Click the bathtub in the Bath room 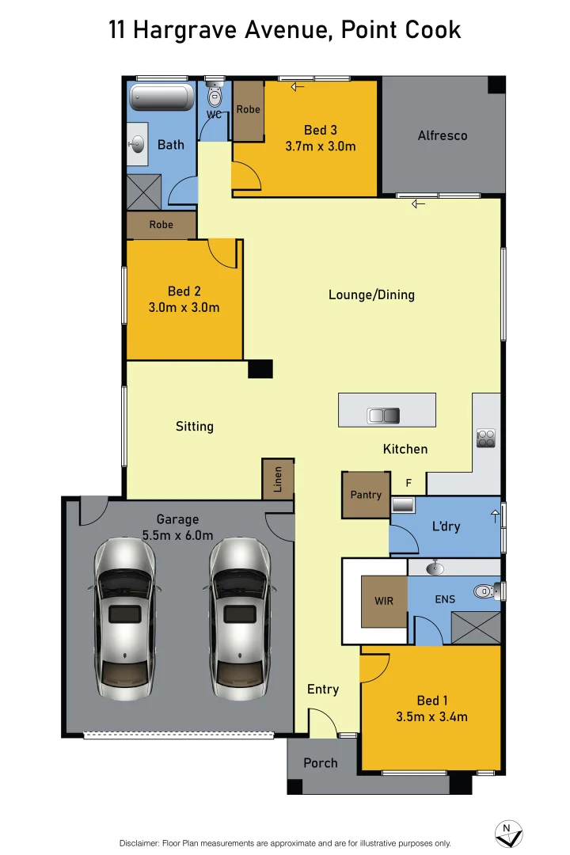pos(161,98)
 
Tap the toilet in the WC pos(215,97)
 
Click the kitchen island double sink pos(384,416)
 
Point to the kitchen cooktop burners pos(485,438)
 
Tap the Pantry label pos(366,495)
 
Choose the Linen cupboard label pos(278,480)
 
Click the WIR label pos(384,602)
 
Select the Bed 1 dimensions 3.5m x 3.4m pos(431,717)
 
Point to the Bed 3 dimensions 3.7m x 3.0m pos(320,146)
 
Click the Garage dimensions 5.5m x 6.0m pos(177,535)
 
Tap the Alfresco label pos(443,135)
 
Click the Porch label pos(321,763)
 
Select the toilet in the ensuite pos(484,591)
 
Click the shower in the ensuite pos(475,627)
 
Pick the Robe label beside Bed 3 pos(248,109)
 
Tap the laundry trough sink pos(403,504)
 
